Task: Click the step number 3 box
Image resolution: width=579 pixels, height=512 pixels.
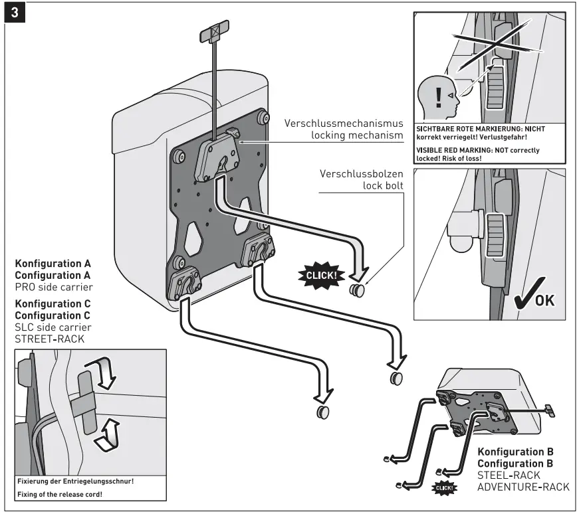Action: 14,13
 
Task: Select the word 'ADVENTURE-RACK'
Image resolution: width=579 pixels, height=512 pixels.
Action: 523,487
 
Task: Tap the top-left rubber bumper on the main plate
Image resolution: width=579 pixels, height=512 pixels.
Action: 178,157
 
